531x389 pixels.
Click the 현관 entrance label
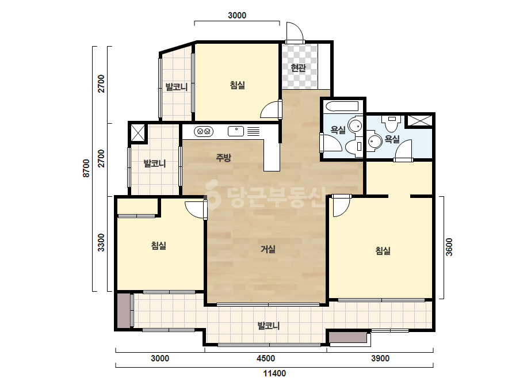click(299, 68)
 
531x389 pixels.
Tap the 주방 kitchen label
click(224, 157)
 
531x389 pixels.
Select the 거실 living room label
click(268, 249)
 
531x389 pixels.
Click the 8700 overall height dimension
click(86, 168)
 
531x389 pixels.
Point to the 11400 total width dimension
click(274, 373)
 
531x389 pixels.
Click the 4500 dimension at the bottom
click(266, 358)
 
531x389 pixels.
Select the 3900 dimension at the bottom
click(380, 358)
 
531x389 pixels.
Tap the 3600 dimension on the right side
click(449, 247)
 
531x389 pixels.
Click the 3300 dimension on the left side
click(101, 243)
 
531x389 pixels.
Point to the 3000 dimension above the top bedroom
click(237, 15)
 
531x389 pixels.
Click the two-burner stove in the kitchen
click(204, 131)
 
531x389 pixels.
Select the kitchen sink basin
click(236, 131)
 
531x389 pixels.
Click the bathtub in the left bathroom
click(341, 106)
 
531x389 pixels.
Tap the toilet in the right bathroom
click(391, 124)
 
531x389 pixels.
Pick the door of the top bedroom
click(270, 109)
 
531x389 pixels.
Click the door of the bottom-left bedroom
click(196, 210)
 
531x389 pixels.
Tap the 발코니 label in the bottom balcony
click(269, 326)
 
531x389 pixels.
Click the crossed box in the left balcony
click(138, 132)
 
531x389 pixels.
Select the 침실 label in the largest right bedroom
click(383, 251)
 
